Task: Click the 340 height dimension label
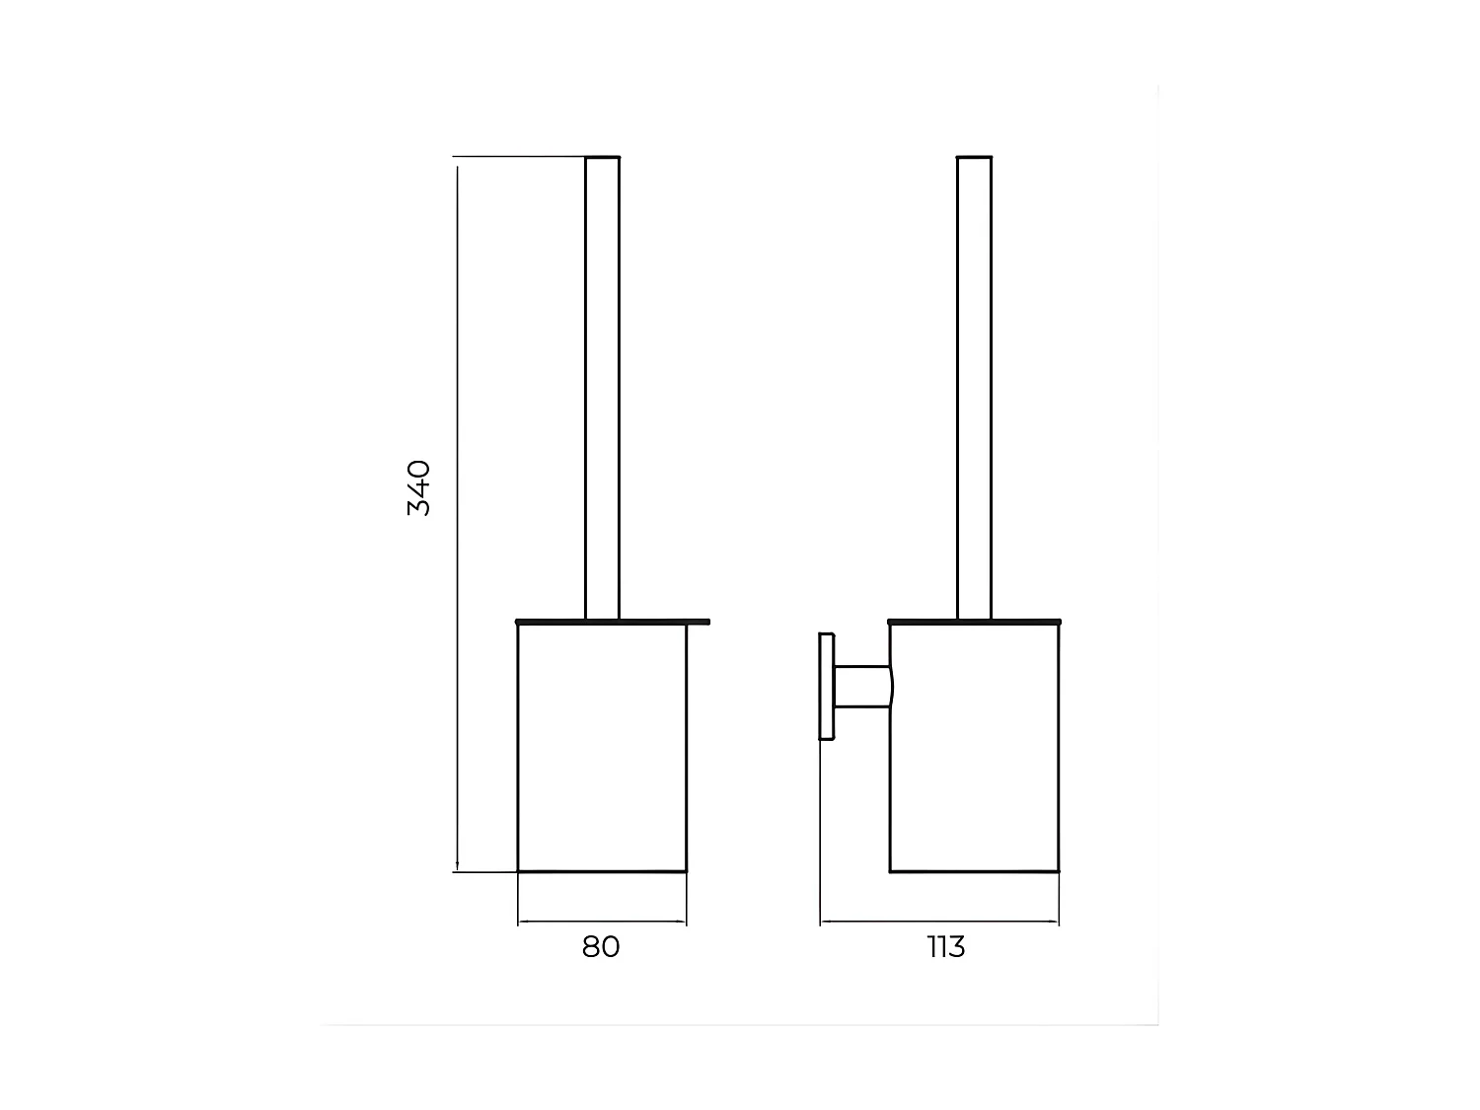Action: (x=418, y=487)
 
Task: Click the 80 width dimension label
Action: (x=601, y=947)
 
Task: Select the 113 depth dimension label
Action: (x=946, y=947)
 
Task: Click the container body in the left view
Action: (x=602, y=750)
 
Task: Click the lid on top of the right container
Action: (x=974, y=622)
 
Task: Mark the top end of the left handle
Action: (x=602, y=158)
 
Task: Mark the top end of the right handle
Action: (x=974, y=158)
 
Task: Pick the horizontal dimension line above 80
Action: (x=602, y=923)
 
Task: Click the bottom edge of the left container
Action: (x=602, y=871)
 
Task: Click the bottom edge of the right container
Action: (x=974, y=871)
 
